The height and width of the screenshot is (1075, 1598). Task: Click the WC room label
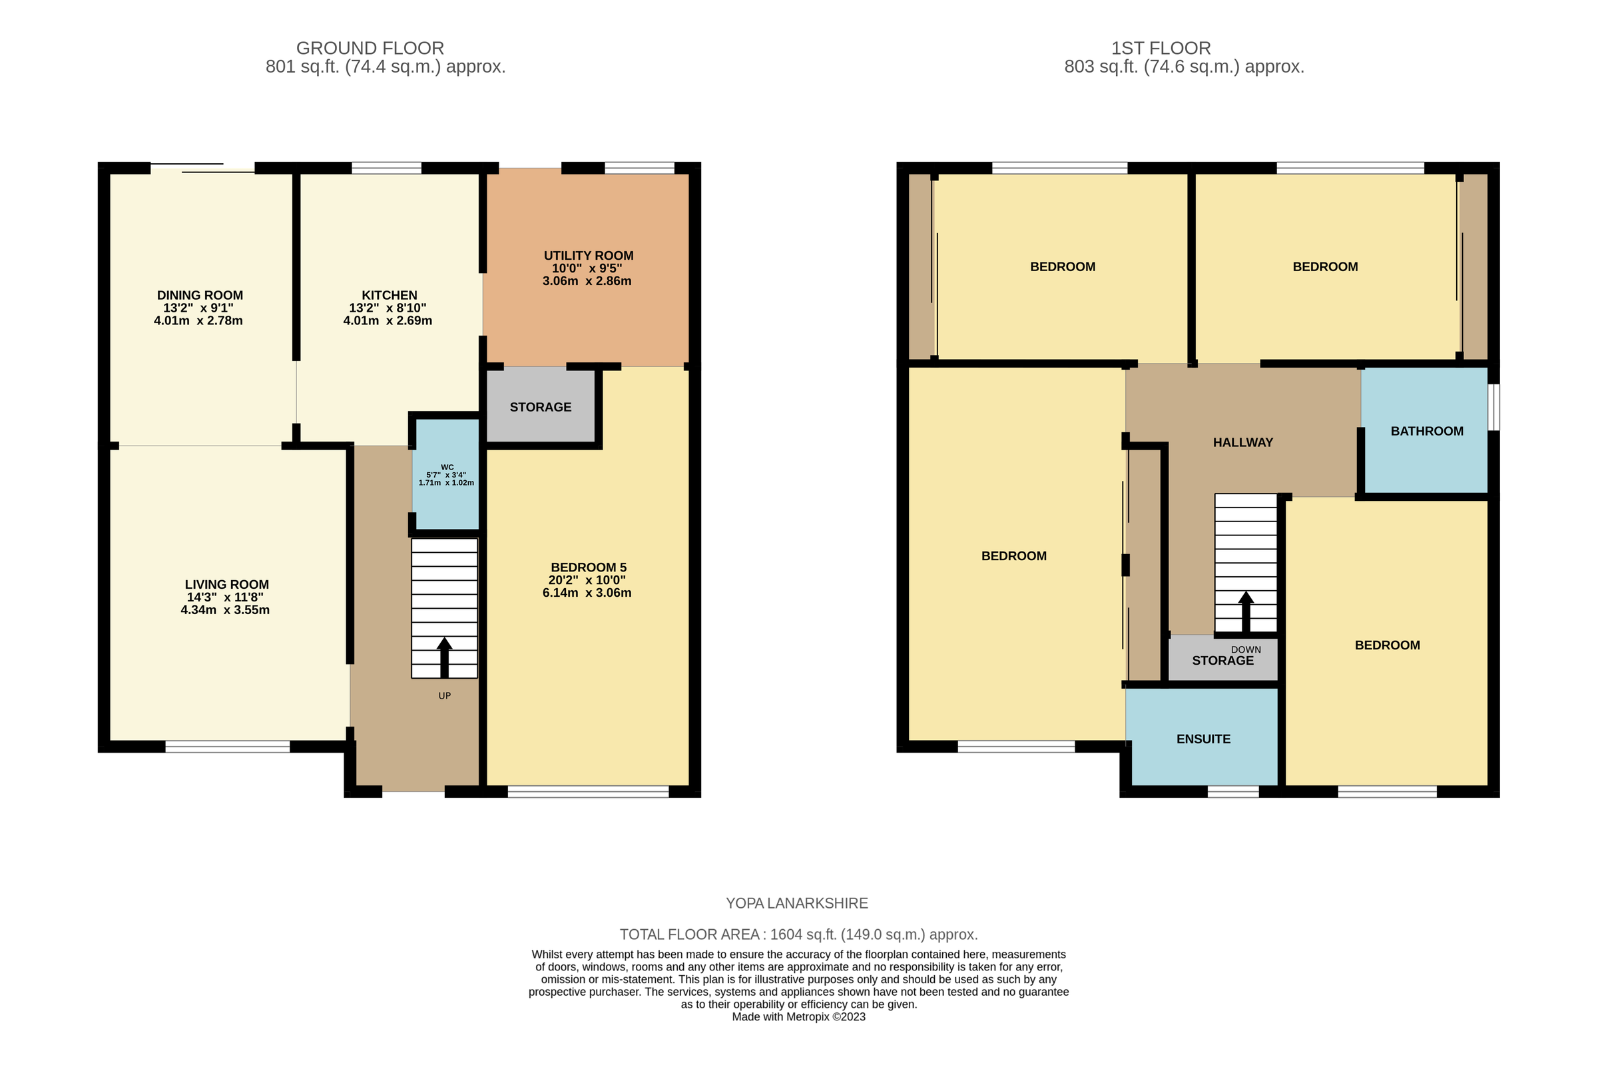(447, 467)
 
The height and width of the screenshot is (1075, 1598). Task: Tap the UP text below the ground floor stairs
(445, 696)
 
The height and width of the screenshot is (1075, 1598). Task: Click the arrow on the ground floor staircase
(445, 656)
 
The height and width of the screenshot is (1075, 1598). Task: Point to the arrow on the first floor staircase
(1246, 611)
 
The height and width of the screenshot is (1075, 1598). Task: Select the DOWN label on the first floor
(1246, 649)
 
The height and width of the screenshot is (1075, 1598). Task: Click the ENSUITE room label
(1203, 739)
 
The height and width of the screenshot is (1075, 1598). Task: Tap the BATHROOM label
(1427, 431)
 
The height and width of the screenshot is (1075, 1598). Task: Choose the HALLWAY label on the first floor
(1243, 443)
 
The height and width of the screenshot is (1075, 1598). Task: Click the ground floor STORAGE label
(541, 407)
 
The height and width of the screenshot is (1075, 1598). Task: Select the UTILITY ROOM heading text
(589, 256)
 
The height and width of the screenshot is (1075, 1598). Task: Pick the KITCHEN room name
(390, 296)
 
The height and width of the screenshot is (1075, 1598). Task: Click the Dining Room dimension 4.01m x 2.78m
(198, 321)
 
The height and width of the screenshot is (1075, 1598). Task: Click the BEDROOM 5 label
(589, 567)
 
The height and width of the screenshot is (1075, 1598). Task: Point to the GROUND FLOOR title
(370, 49)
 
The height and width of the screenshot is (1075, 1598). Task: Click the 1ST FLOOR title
(1161, 49)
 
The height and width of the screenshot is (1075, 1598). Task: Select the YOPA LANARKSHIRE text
(797, 904)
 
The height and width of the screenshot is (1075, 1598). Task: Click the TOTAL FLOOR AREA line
(798, 934)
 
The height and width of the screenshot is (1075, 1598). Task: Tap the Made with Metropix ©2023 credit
(798, 1017)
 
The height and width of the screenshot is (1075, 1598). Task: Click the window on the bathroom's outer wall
(1494, 407)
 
